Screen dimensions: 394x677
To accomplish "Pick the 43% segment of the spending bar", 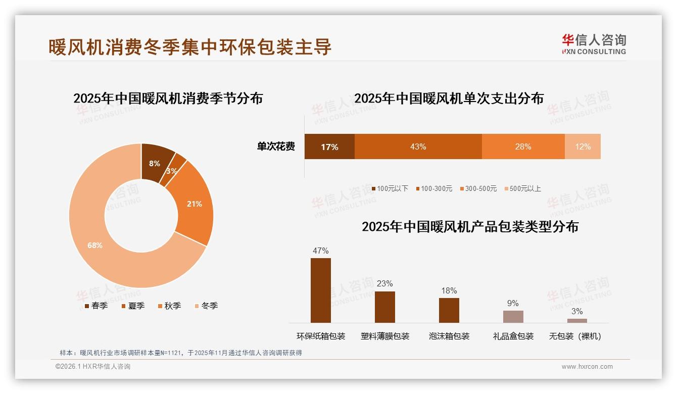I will tap(418, 146).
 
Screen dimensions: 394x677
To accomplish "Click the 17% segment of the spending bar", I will tap(329, 146).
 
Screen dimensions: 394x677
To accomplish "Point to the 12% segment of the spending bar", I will tap(583, 146).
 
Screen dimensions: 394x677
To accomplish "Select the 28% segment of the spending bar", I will tap(523, 146).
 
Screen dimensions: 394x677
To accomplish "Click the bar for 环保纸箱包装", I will tap(321, 290).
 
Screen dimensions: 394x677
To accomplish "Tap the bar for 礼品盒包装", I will tap(513, 317).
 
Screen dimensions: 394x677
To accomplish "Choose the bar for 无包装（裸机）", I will tap(577, 320).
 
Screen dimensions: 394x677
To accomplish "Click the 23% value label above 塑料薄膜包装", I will tap(384, 283).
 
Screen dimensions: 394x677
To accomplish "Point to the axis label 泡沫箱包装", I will tap(449, 336).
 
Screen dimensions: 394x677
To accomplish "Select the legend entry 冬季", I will tap(206, 306).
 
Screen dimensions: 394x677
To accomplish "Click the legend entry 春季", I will tap(96, 306).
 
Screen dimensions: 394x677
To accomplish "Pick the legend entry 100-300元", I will tap(433, 188).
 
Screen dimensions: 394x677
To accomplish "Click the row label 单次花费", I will tap(276, 146).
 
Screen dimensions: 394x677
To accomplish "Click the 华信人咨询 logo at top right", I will tap(594, 44).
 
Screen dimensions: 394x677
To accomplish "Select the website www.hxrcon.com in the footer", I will tap(587, 367).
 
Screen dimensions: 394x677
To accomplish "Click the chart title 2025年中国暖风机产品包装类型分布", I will tap(470, 226).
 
